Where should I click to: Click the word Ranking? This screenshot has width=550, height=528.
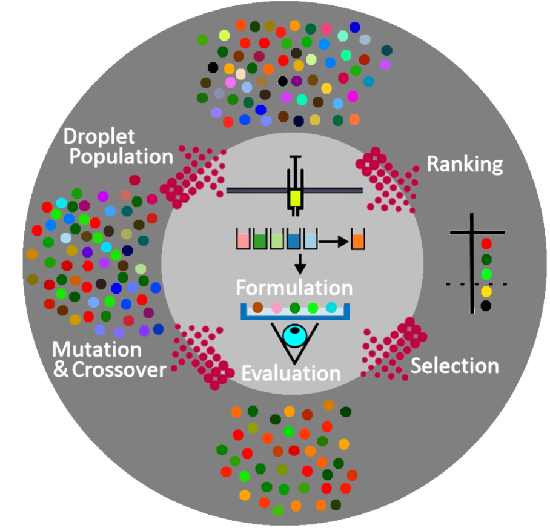click(x=465, y=165)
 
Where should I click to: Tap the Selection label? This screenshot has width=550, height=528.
click(x=455, y=366)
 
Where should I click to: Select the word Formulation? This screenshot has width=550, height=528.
click(x=294, y=286)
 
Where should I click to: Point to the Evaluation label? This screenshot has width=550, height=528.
click(x=291, y=372)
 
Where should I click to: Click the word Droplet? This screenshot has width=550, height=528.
click(x=101, y=136)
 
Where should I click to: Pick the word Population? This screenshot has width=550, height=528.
click(x=121, y=157)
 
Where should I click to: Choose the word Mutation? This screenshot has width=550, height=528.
click(x=97, y=349)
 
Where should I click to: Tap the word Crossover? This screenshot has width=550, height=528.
click(x=119, y=369)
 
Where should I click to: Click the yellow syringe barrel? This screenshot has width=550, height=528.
click(x=295, y=198)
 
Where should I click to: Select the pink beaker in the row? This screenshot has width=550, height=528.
click(x=244, y=240)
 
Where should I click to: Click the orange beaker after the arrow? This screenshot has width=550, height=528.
click(x=358, y=240)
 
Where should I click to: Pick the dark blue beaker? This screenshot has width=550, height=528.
click(x=295, y=240)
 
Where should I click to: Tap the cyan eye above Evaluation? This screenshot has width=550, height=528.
click(x=295, y=335)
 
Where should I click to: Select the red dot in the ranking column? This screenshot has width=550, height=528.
click(x=485, y=244)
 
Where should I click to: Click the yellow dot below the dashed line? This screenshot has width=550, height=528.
click(x=485, y=292)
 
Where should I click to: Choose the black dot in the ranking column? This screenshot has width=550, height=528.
click(x=485, y=306)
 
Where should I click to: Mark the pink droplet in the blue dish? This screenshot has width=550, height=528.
click(x=276, y=308)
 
